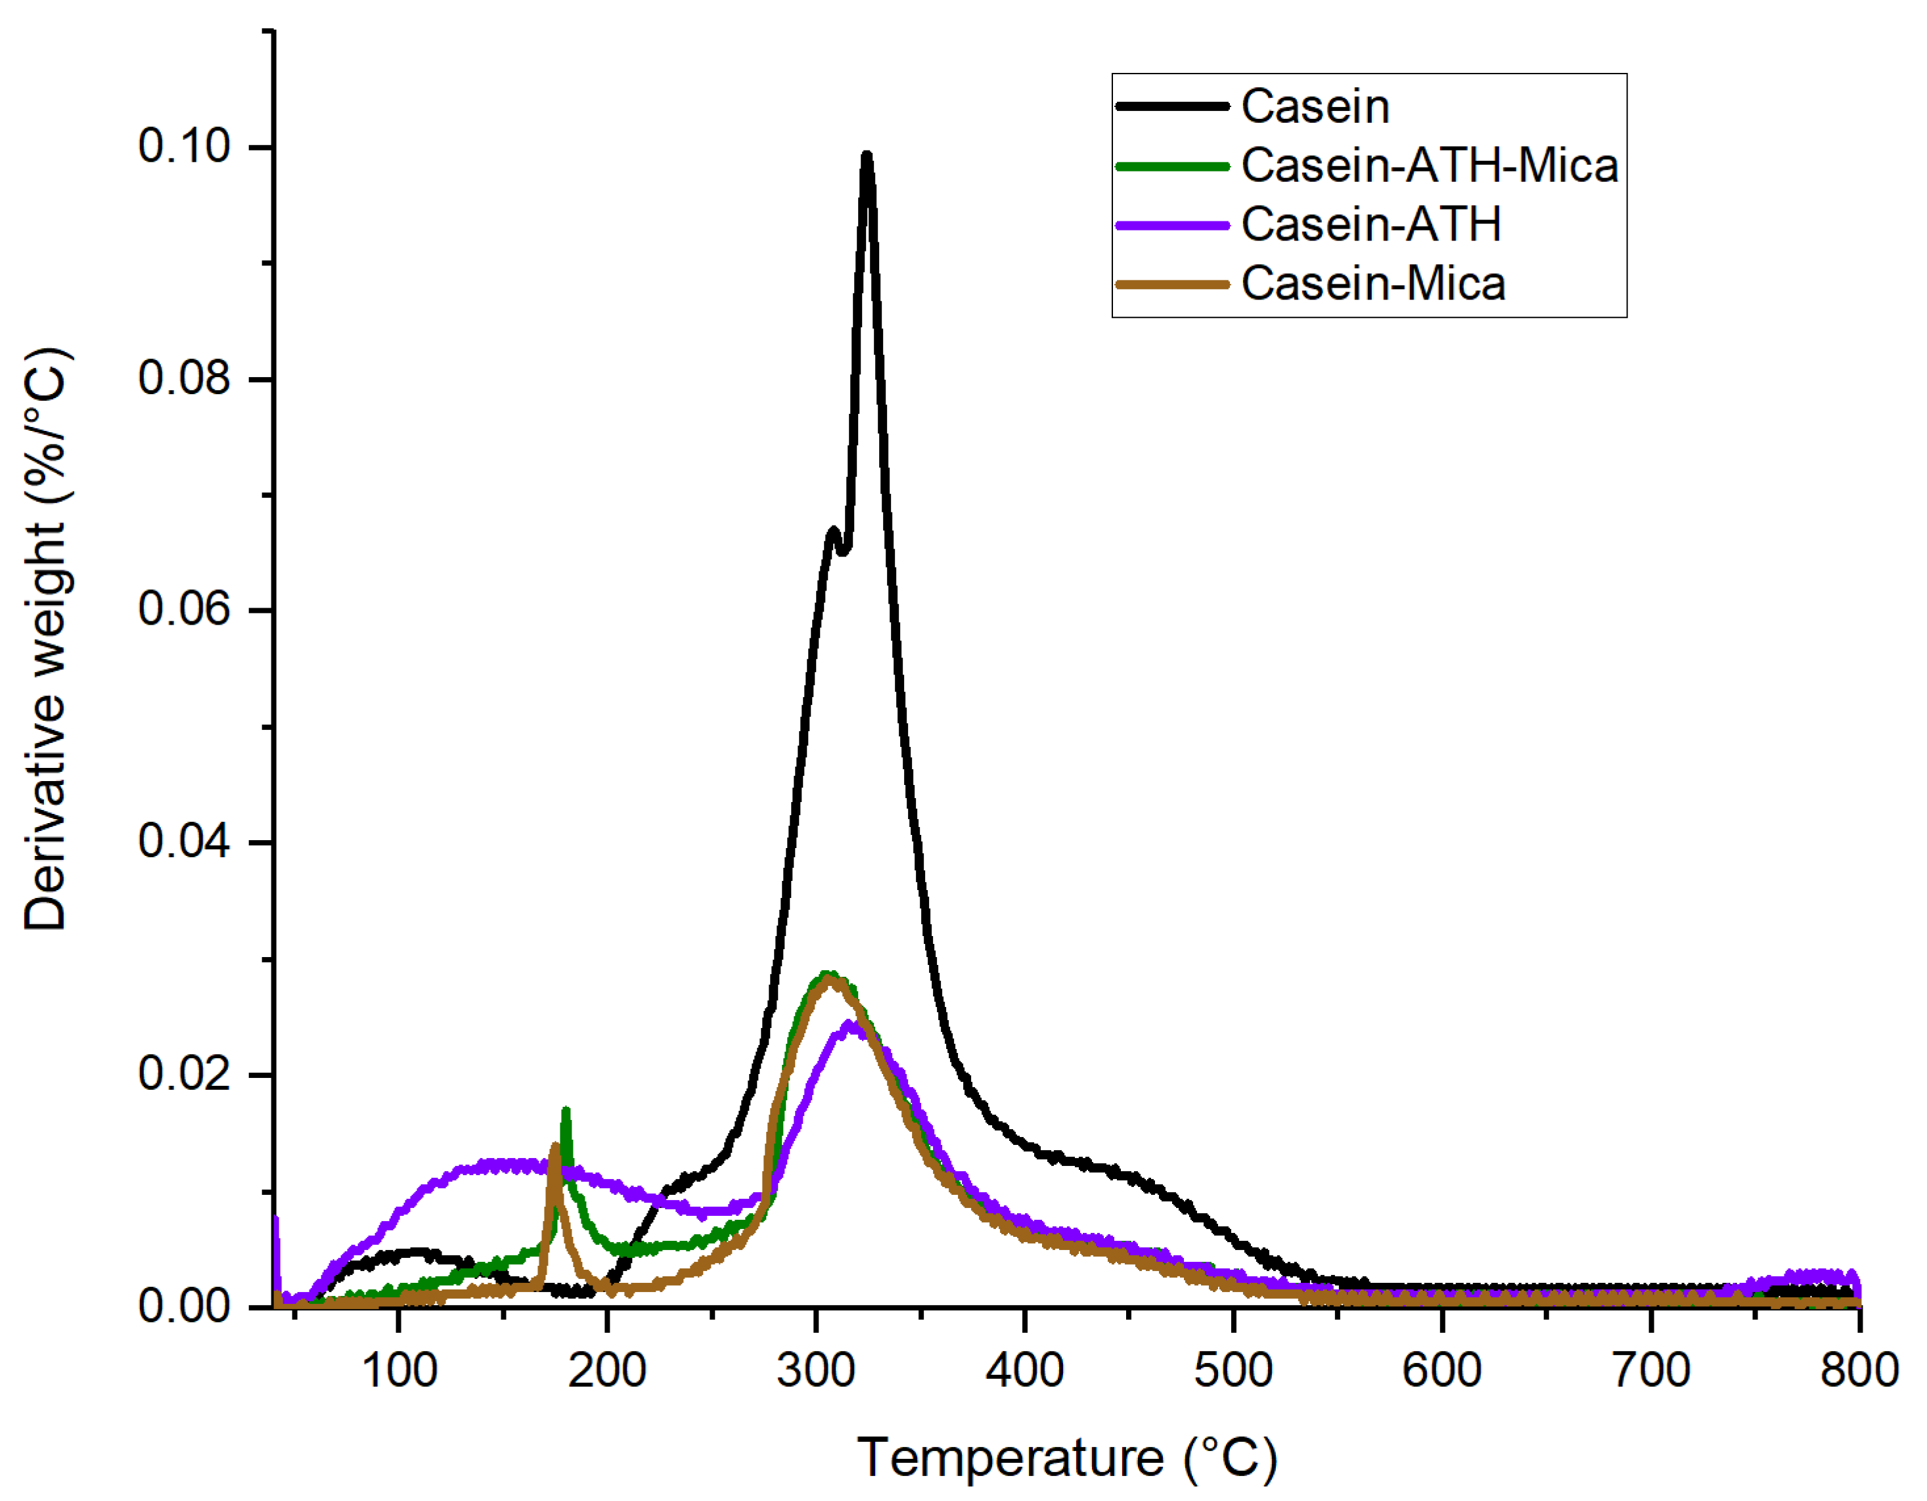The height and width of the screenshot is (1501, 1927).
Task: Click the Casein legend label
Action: click(1315, 107)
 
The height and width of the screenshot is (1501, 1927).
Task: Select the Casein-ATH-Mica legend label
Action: click(1430, 166)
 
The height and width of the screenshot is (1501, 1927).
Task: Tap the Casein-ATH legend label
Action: click(1371, 225)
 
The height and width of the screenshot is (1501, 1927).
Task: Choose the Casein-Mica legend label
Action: click(1373, 284)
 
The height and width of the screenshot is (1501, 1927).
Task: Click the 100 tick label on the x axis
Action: click(399, 1370)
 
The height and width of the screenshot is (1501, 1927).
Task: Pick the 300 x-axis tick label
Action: click(816, 1370)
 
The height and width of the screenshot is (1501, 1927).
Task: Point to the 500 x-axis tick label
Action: click(1233, 1370)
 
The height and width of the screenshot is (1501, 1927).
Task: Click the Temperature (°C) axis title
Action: click(1067, 1457)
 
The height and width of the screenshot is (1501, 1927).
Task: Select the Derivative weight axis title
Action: click(46, 640)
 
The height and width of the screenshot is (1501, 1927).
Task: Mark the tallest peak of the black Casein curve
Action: click(867, 157)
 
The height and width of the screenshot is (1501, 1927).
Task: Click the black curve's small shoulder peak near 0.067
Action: click(832, 531)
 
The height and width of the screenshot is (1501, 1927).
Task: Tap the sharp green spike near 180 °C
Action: click(566, 1111)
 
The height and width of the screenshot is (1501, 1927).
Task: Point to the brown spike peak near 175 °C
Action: click(555, 1147)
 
